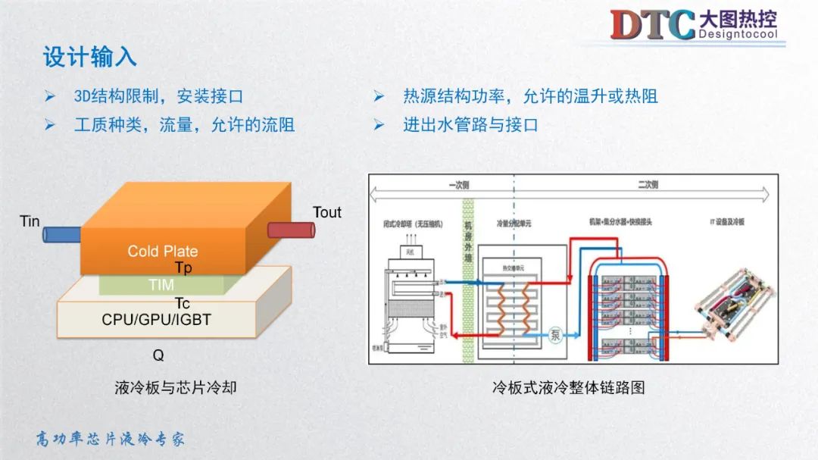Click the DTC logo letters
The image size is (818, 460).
pyautogui.click(x=652, y=24)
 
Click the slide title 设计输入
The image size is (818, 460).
pyautogui.click(x=89, y=57)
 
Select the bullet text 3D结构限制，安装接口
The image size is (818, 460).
pyautogui.click(x=158, y=96)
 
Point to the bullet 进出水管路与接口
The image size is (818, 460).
pyautogui.click(x=470, y=125)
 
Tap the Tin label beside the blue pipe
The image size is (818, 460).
pyautogui.click(x=30, y=221)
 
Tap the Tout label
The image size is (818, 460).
pyautogui.click(x=327, y=212)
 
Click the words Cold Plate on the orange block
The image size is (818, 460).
pyautogui.click(x=162, y=251)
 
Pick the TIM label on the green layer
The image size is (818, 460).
pyautogui.click(x=161, y=285)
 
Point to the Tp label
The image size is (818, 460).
pyautogui.click(x=183, y=268)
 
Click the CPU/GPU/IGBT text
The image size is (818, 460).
pyautogui.click(x=156, y=320)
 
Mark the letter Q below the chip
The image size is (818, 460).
pyautogui.click(x=158, y=355)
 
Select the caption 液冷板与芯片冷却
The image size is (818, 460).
pyautogui.click(x=176, y=387)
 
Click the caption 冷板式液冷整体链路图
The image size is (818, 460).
pyautogui.click(x=568, y=387)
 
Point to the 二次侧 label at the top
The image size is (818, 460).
pyautogui.click(x=648, y=184)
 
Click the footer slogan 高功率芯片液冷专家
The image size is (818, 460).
pyautogui.click(x=111, y=439)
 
